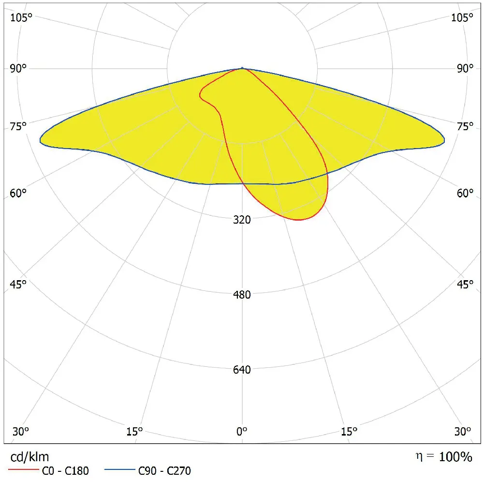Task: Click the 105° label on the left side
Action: (21, 18)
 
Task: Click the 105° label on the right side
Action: (462, 18)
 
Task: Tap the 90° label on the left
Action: (19, 68)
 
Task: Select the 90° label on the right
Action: (464, 68)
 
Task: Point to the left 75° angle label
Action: (18, 127)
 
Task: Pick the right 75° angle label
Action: (464, 127)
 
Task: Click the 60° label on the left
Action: (18, 194)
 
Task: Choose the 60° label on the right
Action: (464, 194)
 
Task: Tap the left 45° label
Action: (18, 284)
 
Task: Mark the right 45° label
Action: (464, 284)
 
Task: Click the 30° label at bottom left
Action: (20, 431)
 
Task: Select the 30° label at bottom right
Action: (463, 431)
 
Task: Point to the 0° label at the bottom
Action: (242, 431)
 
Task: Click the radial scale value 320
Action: (242, 220)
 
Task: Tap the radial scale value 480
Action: (242, 295)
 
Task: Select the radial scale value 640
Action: (242, 370)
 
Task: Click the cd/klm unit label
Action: (30, 456)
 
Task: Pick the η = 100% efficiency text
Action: (443, 456)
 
